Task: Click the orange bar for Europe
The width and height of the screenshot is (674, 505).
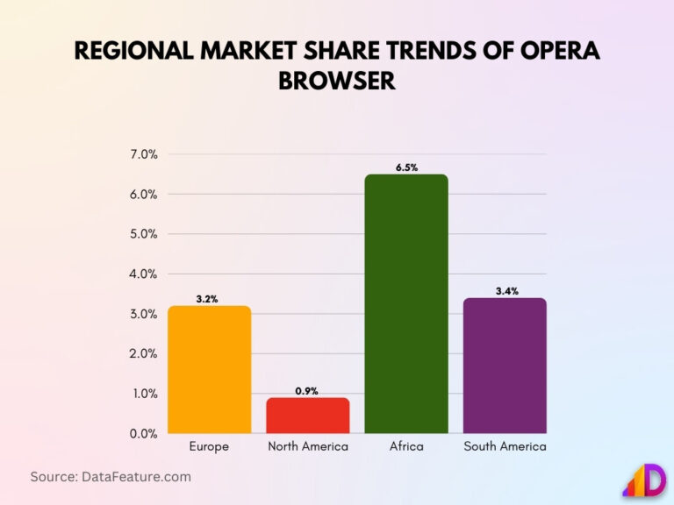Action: click(x=209, y=369)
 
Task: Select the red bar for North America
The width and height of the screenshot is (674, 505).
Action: click(x=307, y=416)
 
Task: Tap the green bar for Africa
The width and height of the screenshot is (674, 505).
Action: click(x=406, y=303)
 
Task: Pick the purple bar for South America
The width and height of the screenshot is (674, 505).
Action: click(x=505, y=366)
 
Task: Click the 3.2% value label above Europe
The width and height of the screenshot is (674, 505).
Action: click(x=208, y=299)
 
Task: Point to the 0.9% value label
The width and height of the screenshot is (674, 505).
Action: click(x=307, y=391)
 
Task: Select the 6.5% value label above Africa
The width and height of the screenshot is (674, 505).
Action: click(x=406, y=167)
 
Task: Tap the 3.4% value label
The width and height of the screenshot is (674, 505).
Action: click(x=505, y=291)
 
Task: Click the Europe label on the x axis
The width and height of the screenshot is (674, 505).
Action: click(x=209, y=447)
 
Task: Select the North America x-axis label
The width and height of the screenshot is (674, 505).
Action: click(x=307, y=447)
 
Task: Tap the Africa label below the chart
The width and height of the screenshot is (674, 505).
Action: click(x=406, y=447)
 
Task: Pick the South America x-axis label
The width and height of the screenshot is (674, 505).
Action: click(x=505, y=447)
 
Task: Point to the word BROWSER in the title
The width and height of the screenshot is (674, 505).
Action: click(x=337, y=81)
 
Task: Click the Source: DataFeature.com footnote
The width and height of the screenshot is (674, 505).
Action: click(x=111, y=477)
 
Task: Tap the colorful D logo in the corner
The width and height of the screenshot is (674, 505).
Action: click(x=644, y=480)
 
